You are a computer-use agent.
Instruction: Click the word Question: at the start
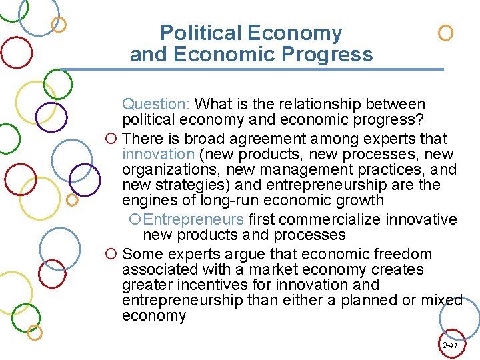point(157,105)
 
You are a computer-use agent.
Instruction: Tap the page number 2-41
point(449,345)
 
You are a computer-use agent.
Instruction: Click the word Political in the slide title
point(202,33)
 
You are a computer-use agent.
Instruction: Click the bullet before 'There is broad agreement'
point(112,139)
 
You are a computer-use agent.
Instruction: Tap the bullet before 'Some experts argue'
point(112,255)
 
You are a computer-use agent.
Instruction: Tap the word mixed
point(441,300)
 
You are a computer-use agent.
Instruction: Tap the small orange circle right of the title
point(446,33)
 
